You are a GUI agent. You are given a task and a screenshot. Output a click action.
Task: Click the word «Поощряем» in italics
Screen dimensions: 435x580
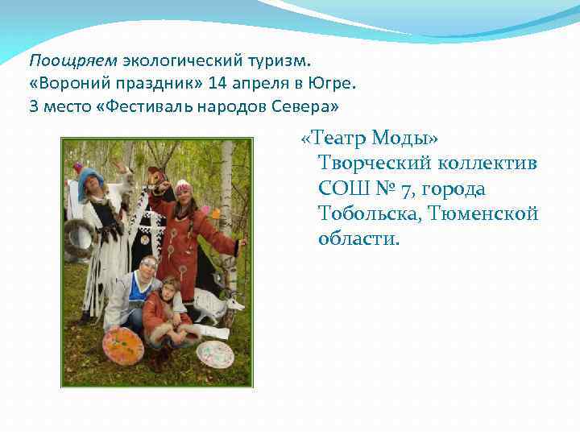click(74, 60)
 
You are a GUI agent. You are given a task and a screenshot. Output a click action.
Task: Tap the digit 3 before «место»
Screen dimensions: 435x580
click(34, 107)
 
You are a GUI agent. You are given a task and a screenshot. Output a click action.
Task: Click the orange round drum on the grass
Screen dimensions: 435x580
click(122, 346)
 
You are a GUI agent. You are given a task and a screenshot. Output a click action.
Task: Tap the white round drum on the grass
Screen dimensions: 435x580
click(214, 353)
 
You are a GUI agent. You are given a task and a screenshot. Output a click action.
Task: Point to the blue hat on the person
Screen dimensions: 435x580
click(90, 180)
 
